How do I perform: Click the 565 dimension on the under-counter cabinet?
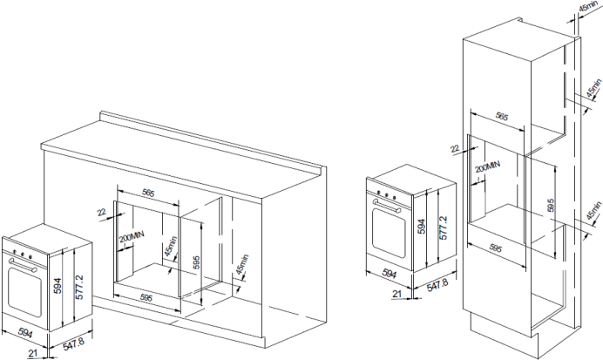[148, 193]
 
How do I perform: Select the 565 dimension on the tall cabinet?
[503, 115]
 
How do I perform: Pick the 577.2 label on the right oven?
[444, 228]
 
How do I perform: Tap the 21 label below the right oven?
[396, 295]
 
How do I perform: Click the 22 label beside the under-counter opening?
[102, 212]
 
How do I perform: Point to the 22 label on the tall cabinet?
[454, 149]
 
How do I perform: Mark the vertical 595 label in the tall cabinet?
[550, 206]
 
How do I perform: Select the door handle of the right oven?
[387, 207]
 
